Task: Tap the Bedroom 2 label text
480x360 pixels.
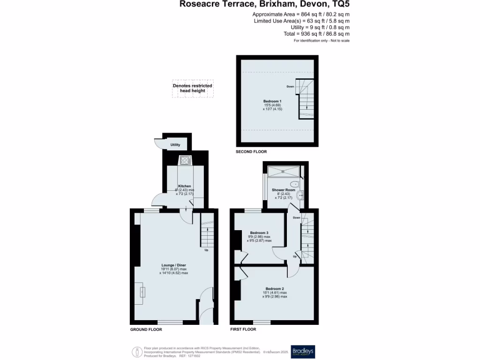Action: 274,289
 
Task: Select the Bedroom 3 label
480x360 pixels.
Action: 259,233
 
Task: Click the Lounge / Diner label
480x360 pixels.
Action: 174,265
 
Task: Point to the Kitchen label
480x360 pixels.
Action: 185,186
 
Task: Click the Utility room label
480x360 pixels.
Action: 175,145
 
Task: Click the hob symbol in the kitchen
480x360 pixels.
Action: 185,161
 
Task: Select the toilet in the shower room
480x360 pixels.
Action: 294,184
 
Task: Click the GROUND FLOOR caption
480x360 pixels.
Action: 146,330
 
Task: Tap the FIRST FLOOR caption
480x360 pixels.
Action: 243,330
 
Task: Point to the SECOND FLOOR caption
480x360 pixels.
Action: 251,152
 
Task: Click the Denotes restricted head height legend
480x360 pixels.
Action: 192,88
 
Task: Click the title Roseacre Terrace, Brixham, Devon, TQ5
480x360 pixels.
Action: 264,5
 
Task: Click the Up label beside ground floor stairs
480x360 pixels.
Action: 206,249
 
